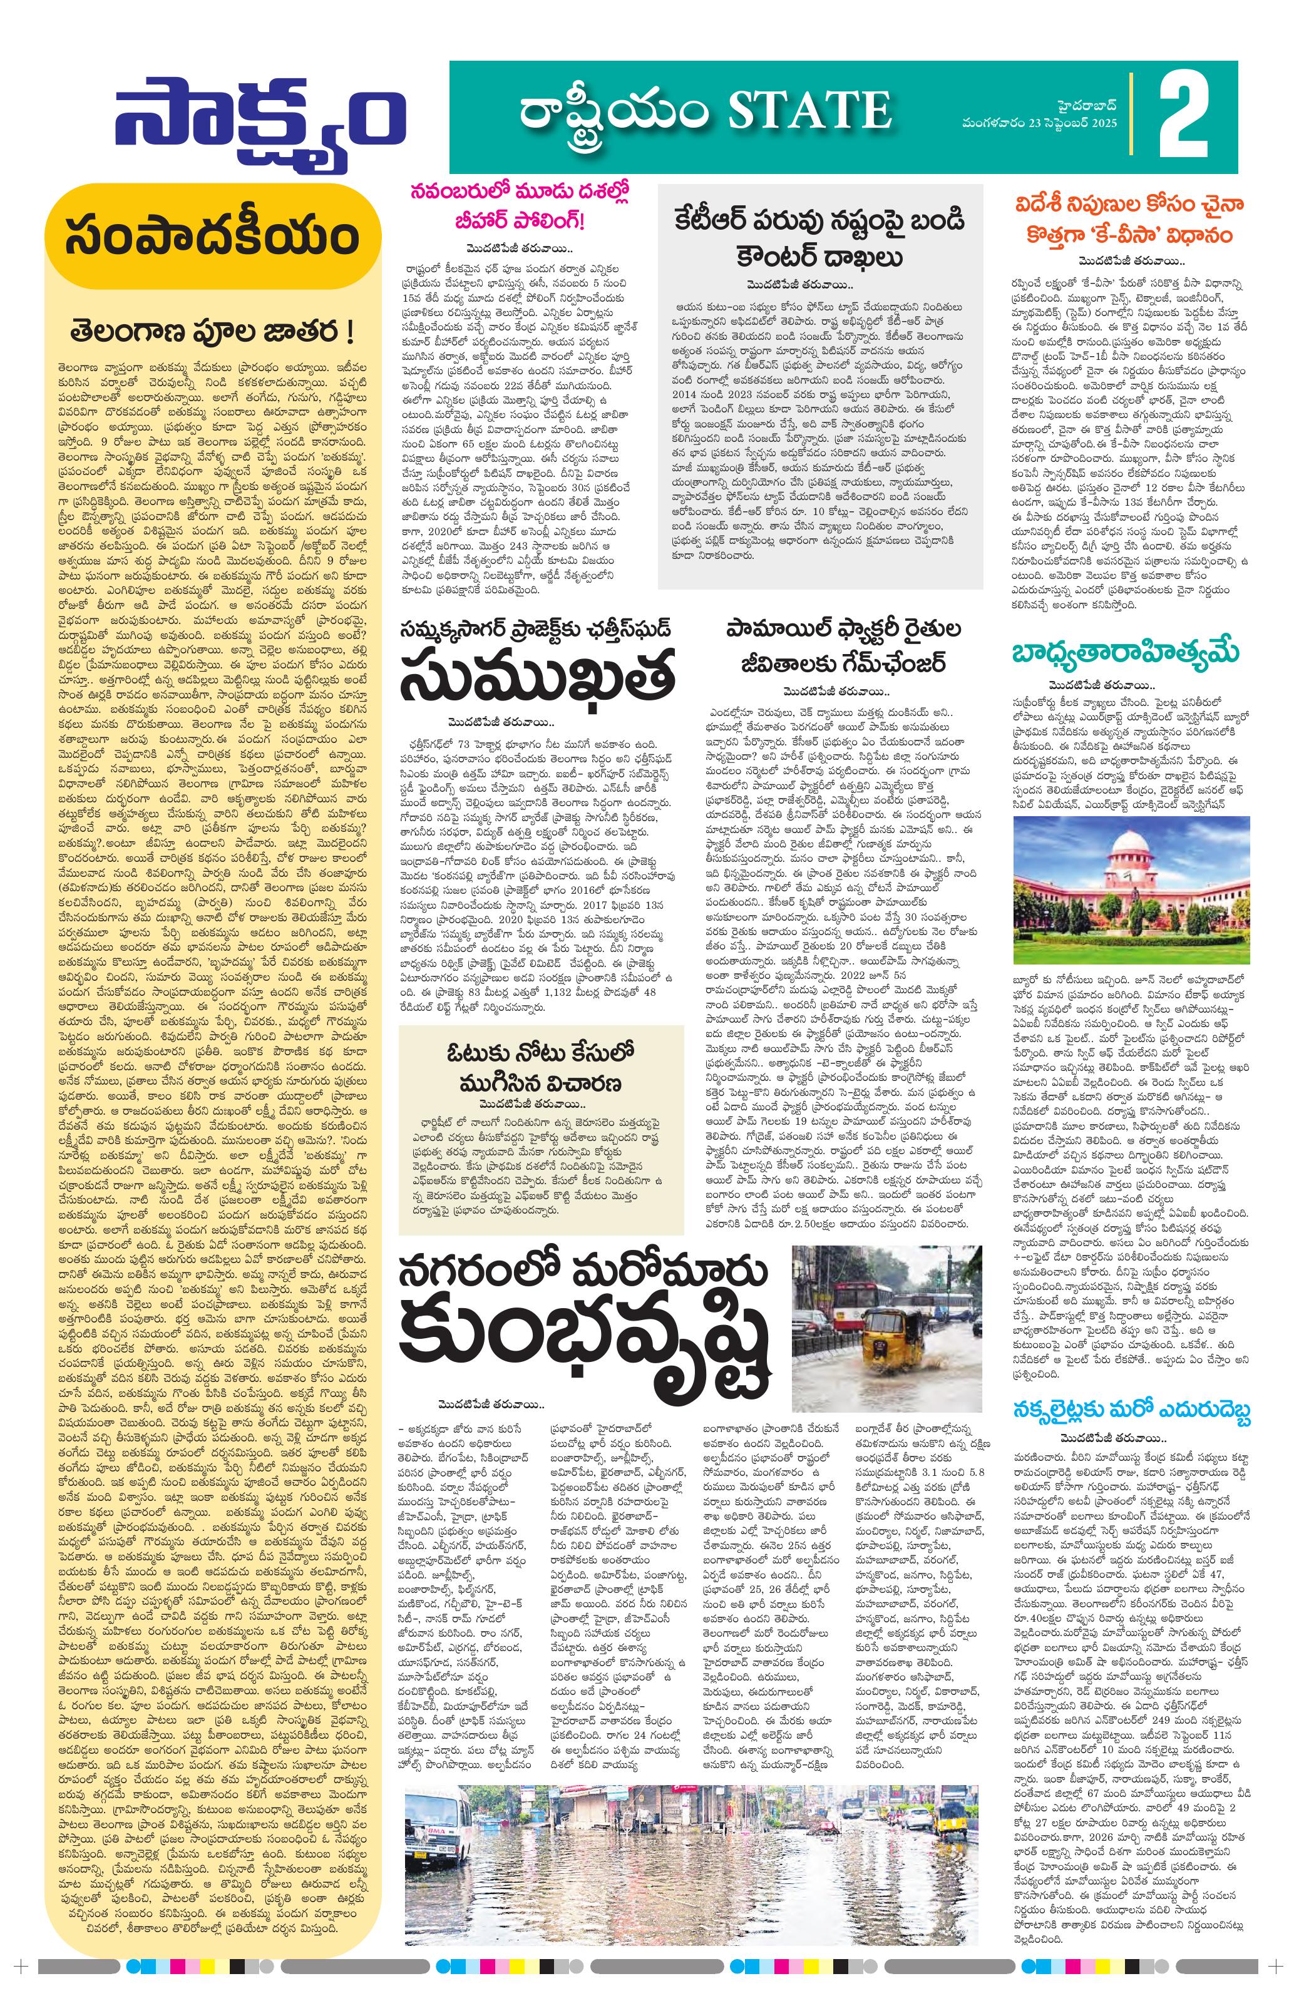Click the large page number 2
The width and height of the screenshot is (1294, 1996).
(x=1184, y=116)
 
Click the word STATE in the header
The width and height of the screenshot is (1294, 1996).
(x=810, y=111)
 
